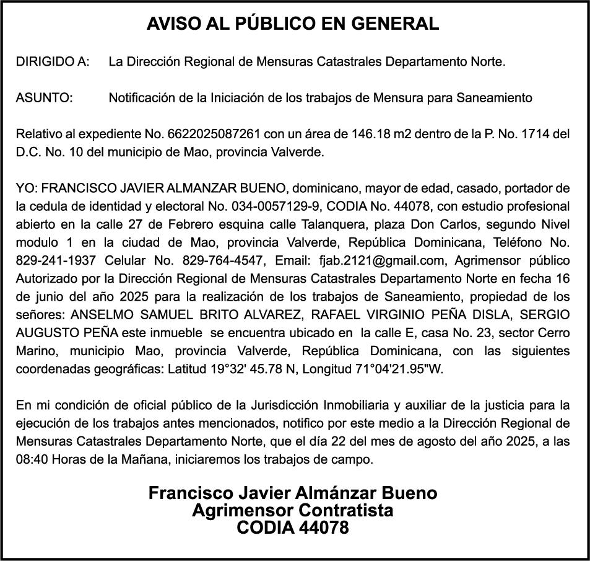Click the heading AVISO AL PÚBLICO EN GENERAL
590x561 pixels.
(293, 24)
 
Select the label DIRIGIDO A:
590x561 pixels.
(53, 62)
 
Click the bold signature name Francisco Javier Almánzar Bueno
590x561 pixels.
(293, 493)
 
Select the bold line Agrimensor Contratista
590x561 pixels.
(293, 511)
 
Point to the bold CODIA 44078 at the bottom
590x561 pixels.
(293, 528)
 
